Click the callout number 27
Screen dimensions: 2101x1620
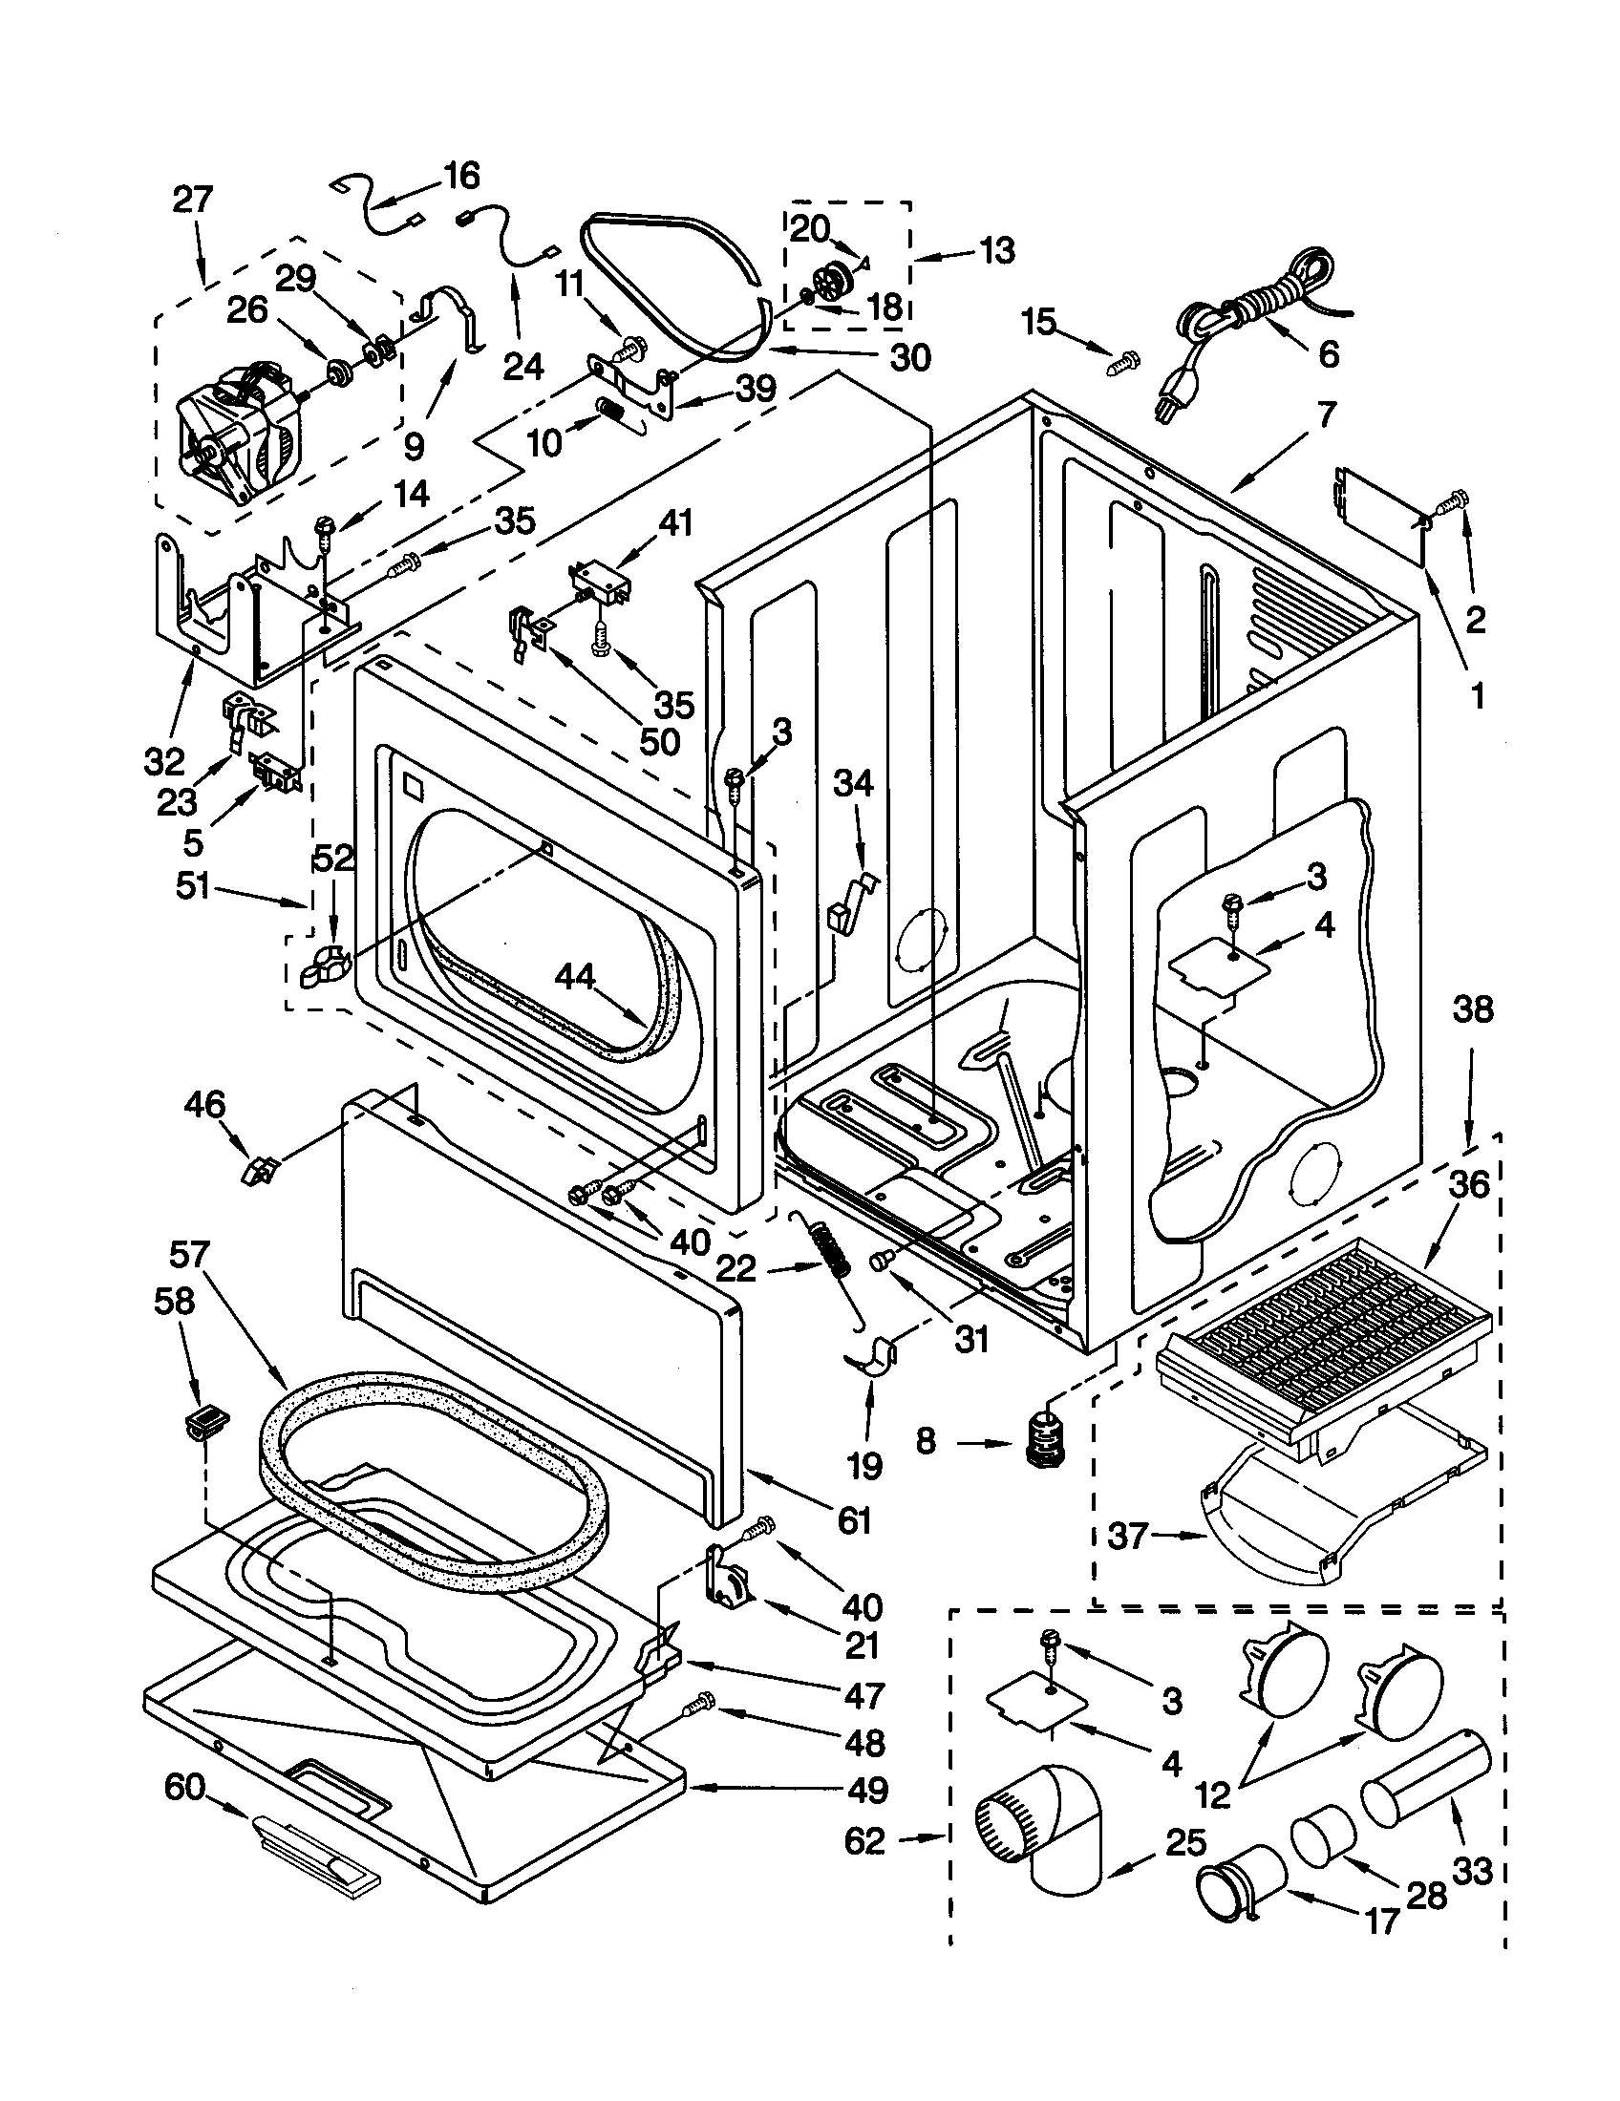pyautogui.click(x=192, y=201)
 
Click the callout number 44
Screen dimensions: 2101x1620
pyautogui.click(x=575, y=978)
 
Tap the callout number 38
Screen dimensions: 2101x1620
pyautogui.click(x=1472, y=1009)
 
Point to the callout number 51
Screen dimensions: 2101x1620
pyautogui.click(x=191, y=886)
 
